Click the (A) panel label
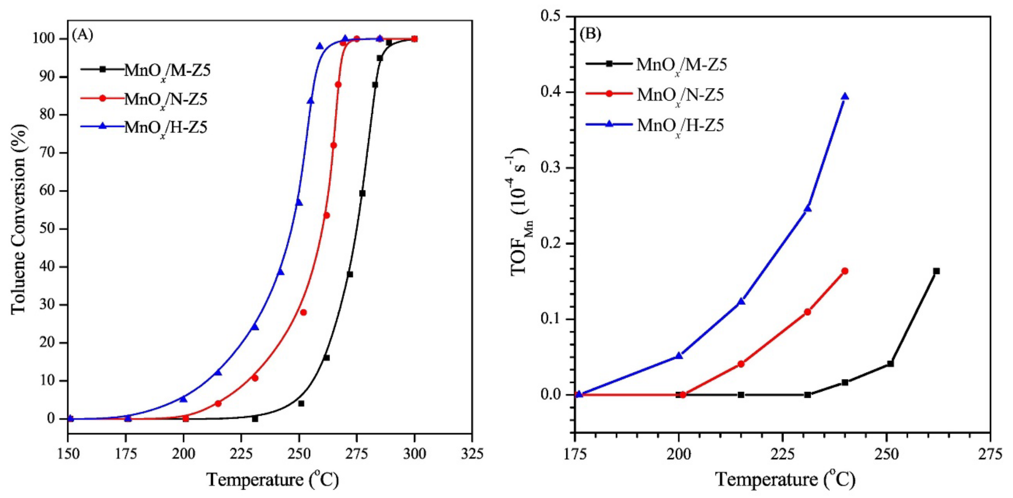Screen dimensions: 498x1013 pos(83,35)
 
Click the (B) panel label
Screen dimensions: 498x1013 pos(590,34)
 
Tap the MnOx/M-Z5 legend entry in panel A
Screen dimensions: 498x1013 pos(167,70)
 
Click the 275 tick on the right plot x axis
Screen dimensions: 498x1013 pos(990,454)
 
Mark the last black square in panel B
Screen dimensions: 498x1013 pos(936,271)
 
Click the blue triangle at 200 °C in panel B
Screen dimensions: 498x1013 pos(679,356)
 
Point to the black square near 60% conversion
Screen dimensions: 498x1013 pos(362,193)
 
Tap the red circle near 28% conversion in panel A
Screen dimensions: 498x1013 pos(303,312)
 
